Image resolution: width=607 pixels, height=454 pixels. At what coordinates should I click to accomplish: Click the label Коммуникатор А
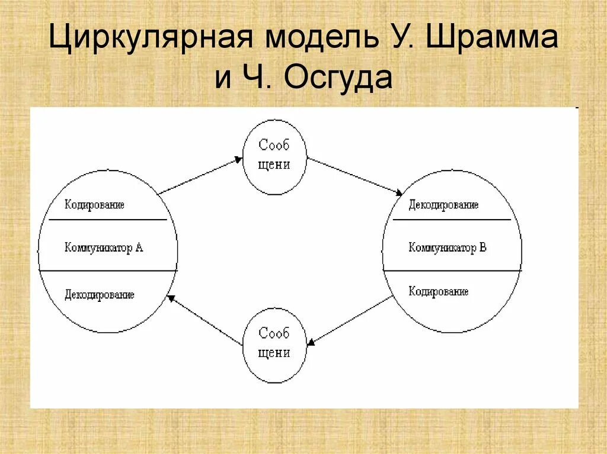point(104,247)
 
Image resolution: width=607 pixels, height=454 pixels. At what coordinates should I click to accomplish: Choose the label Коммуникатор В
point(448,247)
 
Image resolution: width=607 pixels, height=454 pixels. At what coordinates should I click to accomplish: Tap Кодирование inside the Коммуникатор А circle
point(94,205)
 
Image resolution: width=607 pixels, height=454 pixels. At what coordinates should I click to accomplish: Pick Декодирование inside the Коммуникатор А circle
point(100,294)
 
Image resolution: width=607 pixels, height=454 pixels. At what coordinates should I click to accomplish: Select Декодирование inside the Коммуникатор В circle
point(443,205)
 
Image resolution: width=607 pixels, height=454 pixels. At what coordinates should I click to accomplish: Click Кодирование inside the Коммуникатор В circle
point(439,291)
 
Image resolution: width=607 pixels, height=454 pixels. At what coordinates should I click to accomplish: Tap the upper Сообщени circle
point(274,156)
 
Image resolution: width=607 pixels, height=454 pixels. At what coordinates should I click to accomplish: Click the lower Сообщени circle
point(274,344)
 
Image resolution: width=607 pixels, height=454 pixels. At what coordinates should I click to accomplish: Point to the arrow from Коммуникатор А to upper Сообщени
point(200,175)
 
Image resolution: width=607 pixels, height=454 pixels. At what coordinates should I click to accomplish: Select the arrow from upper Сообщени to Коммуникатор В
point(354,176)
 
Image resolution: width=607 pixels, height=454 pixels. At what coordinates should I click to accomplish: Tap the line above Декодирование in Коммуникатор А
point(108,271)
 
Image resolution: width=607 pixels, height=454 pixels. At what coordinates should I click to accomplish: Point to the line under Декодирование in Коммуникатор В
point(452,220)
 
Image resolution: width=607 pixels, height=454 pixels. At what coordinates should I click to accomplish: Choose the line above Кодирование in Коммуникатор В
point(452,271)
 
